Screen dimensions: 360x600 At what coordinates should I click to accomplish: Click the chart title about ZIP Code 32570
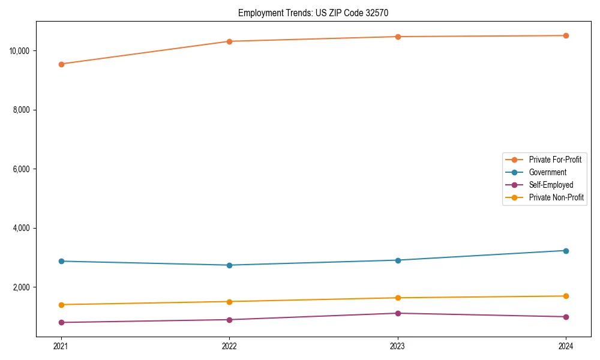click(317, 13)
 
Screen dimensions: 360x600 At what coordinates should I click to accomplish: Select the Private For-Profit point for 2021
click(61, 64)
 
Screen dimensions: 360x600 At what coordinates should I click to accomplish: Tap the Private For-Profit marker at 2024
click(566, 35)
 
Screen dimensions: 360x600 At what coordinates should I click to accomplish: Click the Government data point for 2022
click(229, 265)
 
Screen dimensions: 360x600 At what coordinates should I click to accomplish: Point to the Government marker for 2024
click(566, 251)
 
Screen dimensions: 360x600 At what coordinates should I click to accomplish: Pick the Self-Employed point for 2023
click(398, 313)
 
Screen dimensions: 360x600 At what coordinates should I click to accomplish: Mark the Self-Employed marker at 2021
click(61, 322)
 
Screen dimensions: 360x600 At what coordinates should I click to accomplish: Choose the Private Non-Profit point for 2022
click(229, 302)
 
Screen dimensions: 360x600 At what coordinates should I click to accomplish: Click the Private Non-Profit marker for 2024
click(566, 296)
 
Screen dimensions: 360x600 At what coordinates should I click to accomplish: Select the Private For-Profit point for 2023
click(398, 37)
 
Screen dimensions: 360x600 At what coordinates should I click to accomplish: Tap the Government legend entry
click(547, 172)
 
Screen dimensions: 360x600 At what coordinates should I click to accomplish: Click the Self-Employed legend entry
click(551, 185)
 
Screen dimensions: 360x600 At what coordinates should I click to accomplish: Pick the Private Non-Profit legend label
click(556, 197)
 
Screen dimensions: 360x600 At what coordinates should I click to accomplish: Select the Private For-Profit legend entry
click(555, 160)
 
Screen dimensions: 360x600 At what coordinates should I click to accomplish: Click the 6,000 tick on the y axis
click(22, 169)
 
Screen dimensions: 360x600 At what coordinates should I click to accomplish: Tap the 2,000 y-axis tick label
click(22, 287)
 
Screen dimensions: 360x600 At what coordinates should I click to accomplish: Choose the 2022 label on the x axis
click(229, 346)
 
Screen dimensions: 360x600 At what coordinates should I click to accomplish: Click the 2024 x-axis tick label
click(566, 346)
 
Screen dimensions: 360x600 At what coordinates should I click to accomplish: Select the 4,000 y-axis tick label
click(22, 229)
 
